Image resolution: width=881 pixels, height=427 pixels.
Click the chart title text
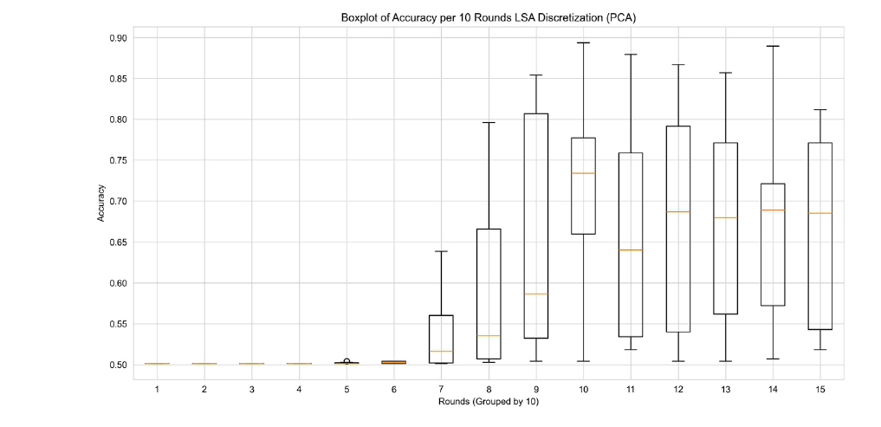tap(489, 17)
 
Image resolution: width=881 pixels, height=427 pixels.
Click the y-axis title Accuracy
tap(100, 201)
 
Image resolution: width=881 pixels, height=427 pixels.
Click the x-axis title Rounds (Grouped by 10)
tap(489, 400)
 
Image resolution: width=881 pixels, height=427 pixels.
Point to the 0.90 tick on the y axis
tap(118, 38)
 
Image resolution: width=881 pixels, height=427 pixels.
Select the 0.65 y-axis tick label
tap(118, 243)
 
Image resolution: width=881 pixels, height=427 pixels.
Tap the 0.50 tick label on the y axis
tap(118, 365)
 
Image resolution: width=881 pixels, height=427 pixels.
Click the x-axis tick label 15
tap(820, 389)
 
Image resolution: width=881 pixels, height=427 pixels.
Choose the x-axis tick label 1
tap(157, 389)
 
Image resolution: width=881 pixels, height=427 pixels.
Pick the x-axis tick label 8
tap(489, 389)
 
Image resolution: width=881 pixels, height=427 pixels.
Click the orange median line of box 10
tap(583, 173)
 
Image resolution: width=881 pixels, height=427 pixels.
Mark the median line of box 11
tap(631, 249)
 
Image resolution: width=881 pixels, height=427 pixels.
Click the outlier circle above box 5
tap(347, 361)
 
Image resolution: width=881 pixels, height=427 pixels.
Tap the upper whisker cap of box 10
tap(583, 42)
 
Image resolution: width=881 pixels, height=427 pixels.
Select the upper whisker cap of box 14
tap(773, 46)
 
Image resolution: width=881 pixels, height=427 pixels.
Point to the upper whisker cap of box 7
tap(441, 251)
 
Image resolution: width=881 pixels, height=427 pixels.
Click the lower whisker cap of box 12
tap(678, 361)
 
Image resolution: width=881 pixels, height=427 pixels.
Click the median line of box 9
tap(536, 294)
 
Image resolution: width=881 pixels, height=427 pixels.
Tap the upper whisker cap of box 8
tap(489, 122)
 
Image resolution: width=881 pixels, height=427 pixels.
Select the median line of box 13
tap(725, 217)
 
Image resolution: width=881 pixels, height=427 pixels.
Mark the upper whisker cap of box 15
tap(820, 110)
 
